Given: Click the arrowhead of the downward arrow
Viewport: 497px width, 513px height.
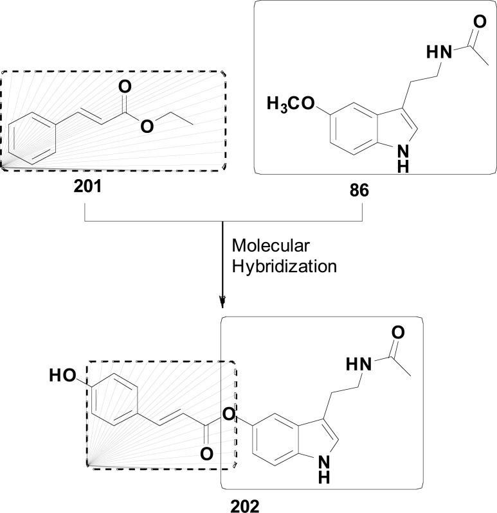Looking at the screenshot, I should click(222, 301).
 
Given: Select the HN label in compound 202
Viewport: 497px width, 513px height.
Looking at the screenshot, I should click(359, 365).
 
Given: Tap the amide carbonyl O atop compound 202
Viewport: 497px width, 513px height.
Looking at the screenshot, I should click(398, 333).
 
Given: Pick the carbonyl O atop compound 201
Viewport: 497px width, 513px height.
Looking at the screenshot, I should click(124, 87).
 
